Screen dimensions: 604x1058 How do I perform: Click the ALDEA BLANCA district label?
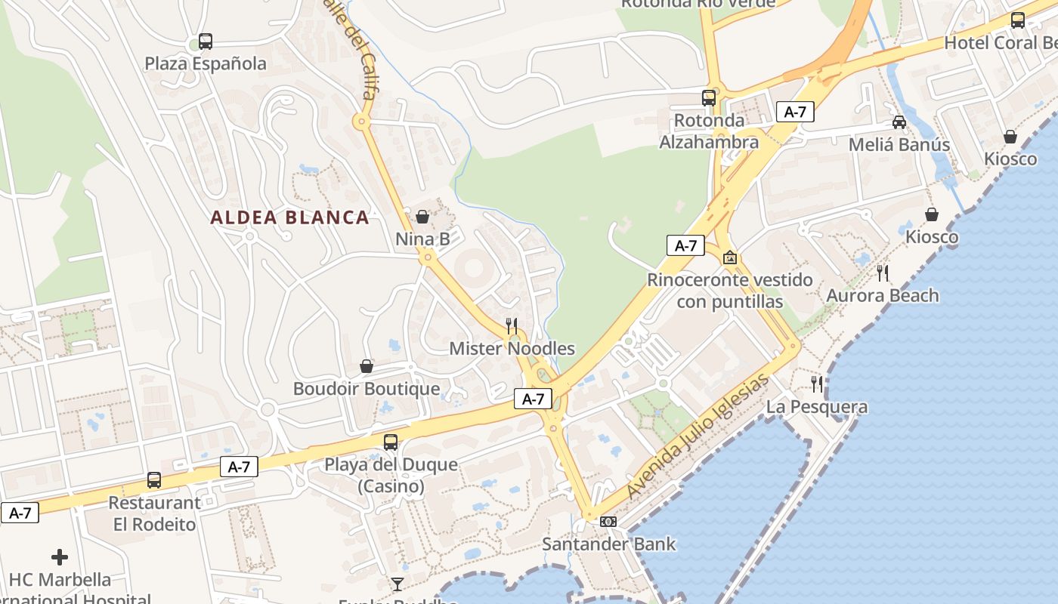tap(289, 217)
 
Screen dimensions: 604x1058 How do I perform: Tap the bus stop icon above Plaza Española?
tap(206, 42)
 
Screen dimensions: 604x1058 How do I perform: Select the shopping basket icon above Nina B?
tap(422, 217)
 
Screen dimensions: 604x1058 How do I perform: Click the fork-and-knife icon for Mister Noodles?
tap(512, 326)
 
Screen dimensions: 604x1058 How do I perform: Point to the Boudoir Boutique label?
tap(367, 389)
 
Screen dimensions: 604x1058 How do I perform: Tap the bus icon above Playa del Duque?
tap(391, 442)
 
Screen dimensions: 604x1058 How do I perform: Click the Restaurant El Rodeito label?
tap(154, 513)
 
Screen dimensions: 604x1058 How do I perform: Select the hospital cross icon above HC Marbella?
tap(60, 558)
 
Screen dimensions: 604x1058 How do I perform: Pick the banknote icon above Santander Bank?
tap(608, 522)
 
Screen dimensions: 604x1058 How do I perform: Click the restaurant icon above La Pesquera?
tap(817, 384)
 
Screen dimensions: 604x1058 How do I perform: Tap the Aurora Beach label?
tap(883, 295)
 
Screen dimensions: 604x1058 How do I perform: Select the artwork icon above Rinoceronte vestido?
tap(730, 257)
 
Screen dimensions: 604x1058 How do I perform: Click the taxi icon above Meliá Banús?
tap(899, 122)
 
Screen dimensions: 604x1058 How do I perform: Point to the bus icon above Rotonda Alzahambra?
tap(709, 97)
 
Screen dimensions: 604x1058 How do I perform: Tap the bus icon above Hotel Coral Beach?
tap(1018, 20)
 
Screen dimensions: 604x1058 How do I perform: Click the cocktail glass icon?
tap(398, 584)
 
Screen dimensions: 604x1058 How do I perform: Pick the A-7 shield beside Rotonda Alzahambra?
tap(795, 112)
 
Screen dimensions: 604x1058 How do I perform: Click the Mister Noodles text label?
tap(512, 349)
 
